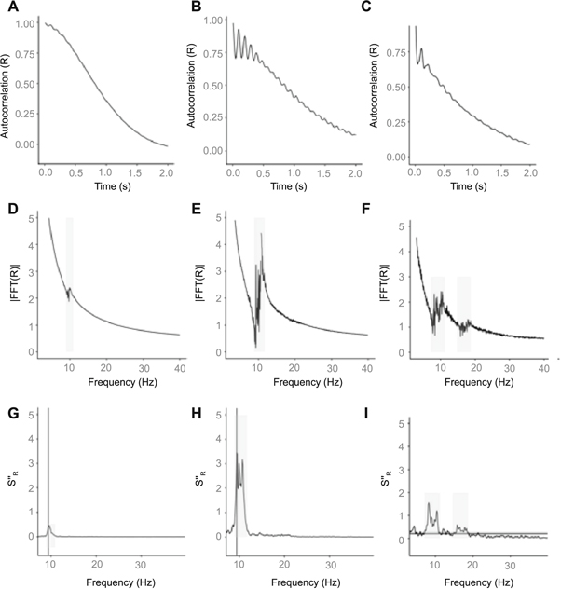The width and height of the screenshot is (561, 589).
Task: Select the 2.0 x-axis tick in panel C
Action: coord(530,174)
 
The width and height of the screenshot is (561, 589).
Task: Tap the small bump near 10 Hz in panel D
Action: coord(68,290)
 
